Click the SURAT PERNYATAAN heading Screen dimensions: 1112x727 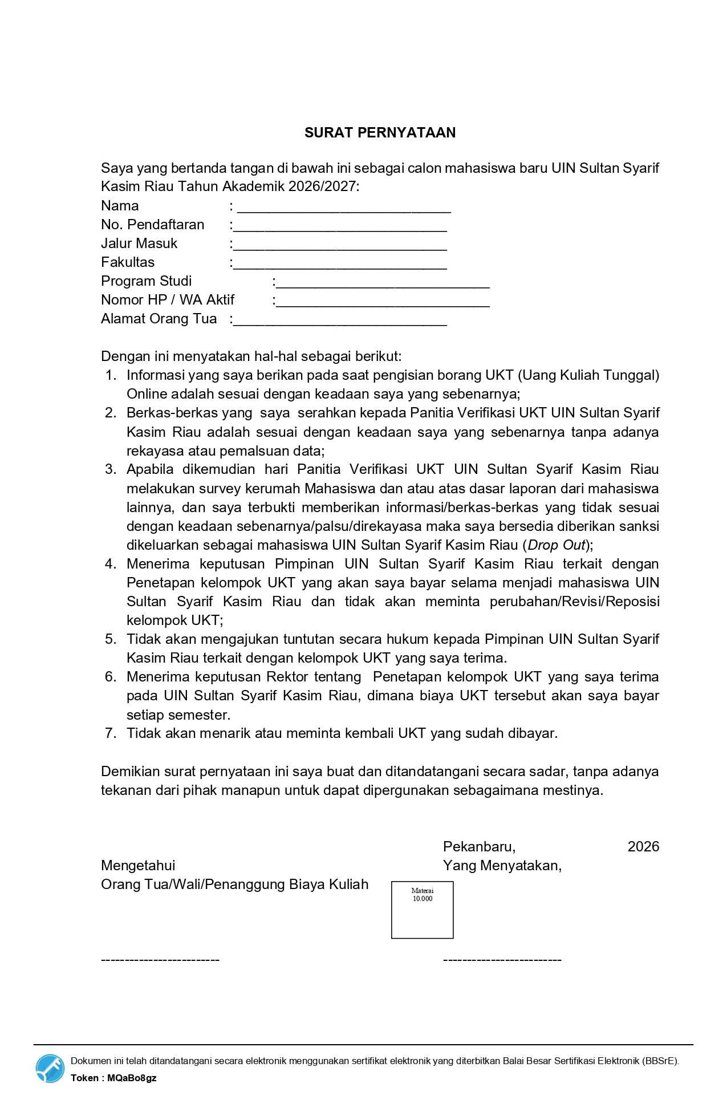[380, 133]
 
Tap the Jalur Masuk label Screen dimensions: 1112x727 [139, 243]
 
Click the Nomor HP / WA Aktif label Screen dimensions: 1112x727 [168, 300]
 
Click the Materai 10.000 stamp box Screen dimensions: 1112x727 [422, 910]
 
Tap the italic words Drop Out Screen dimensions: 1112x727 [557, 545]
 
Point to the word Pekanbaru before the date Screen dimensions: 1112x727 [478, 847]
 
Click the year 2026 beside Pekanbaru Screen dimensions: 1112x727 [643, 847]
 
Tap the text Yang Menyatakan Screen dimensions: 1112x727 [502, 866]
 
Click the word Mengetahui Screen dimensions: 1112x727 [138, 866]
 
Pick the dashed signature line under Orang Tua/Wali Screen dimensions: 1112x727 [160, 960]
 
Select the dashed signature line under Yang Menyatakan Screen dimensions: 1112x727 [502, 960]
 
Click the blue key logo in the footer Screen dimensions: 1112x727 [50, 1068]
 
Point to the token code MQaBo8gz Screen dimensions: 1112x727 [132, 1078]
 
